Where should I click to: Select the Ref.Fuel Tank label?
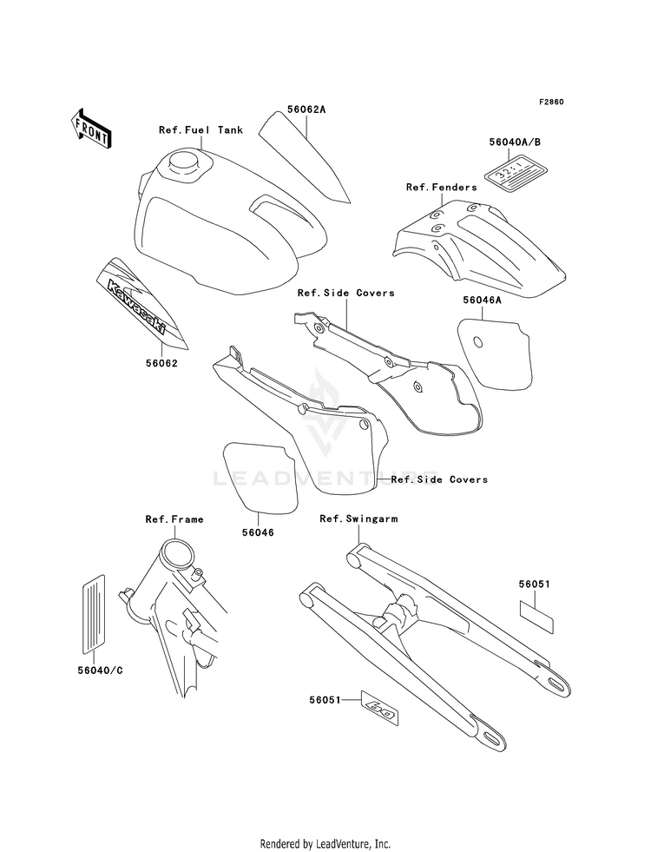[201, 130]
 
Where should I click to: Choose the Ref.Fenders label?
[441, 187]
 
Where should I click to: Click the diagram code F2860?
[551, 102]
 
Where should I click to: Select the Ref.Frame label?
[174, 519]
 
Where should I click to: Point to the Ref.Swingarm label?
[358, 519]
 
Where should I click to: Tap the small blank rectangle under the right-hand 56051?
[536, 611]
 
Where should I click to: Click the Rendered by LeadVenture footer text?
[325, 843]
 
